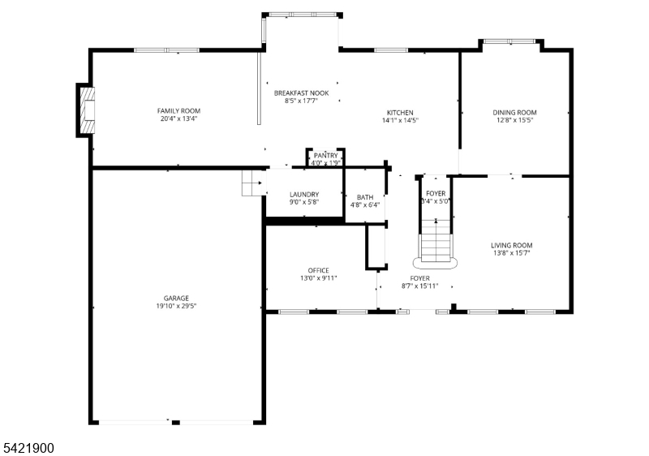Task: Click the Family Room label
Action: click(x=178, y=111)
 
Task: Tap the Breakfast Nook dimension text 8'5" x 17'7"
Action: click(x=301, y=101)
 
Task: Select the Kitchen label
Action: click(x=400, y=113)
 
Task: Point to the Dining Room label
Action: click(x=514, y=112)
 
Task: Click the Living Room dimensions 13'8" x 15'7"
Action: click(x=512, y=253)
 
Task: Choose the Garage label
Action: click(x=176, y=298)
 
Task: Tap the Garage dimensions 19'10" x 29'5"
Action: click(x=176, y=306)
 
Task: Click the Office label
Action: click(x=319, y=270)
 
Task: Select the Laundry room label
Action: click(x=304, y=194)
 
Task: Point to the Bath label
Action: click(x=365, y=197)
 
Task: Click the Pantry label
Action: click(x=326, y=155)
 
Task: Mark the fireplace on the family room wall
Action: click(x=86, y=110)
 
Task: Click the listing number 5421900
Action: click(x=29, y=448)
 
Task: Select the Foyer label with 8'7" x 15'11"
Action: click(x=419, y=278)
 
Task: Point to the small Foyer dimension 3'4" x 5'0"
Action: click(x=436, y=201)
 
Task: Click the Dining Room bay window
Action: click(x=511, y=41)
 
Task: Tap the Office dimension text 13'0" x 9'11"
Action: click(x=319, y=278)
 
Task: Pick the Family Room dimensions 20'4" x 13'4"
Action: click(x=178, y=118)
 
